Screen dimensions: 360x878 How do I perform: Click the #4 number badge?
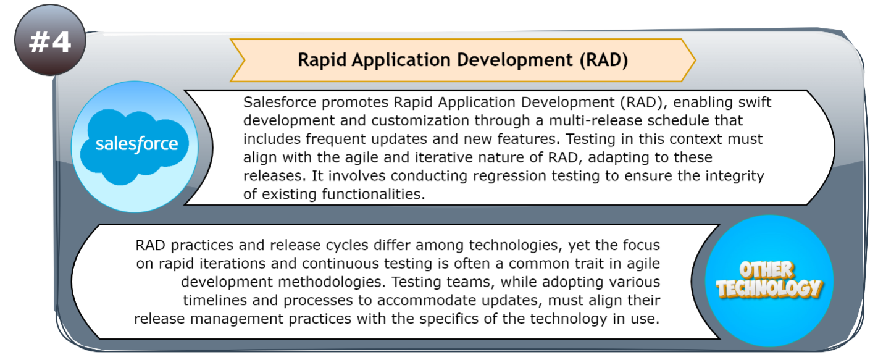point(49,43)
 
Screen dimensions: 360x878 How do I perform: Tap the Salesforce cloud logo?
point(136,145)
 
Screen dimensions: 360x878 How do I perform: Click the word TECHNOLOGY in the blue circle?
point(769,289)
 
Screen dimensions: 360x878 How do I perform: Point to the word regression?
point(488,176)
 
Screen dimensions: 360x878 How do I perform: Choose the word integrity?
point(731,176)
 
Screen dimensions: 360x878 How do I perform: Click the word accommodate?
point(412,301)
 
